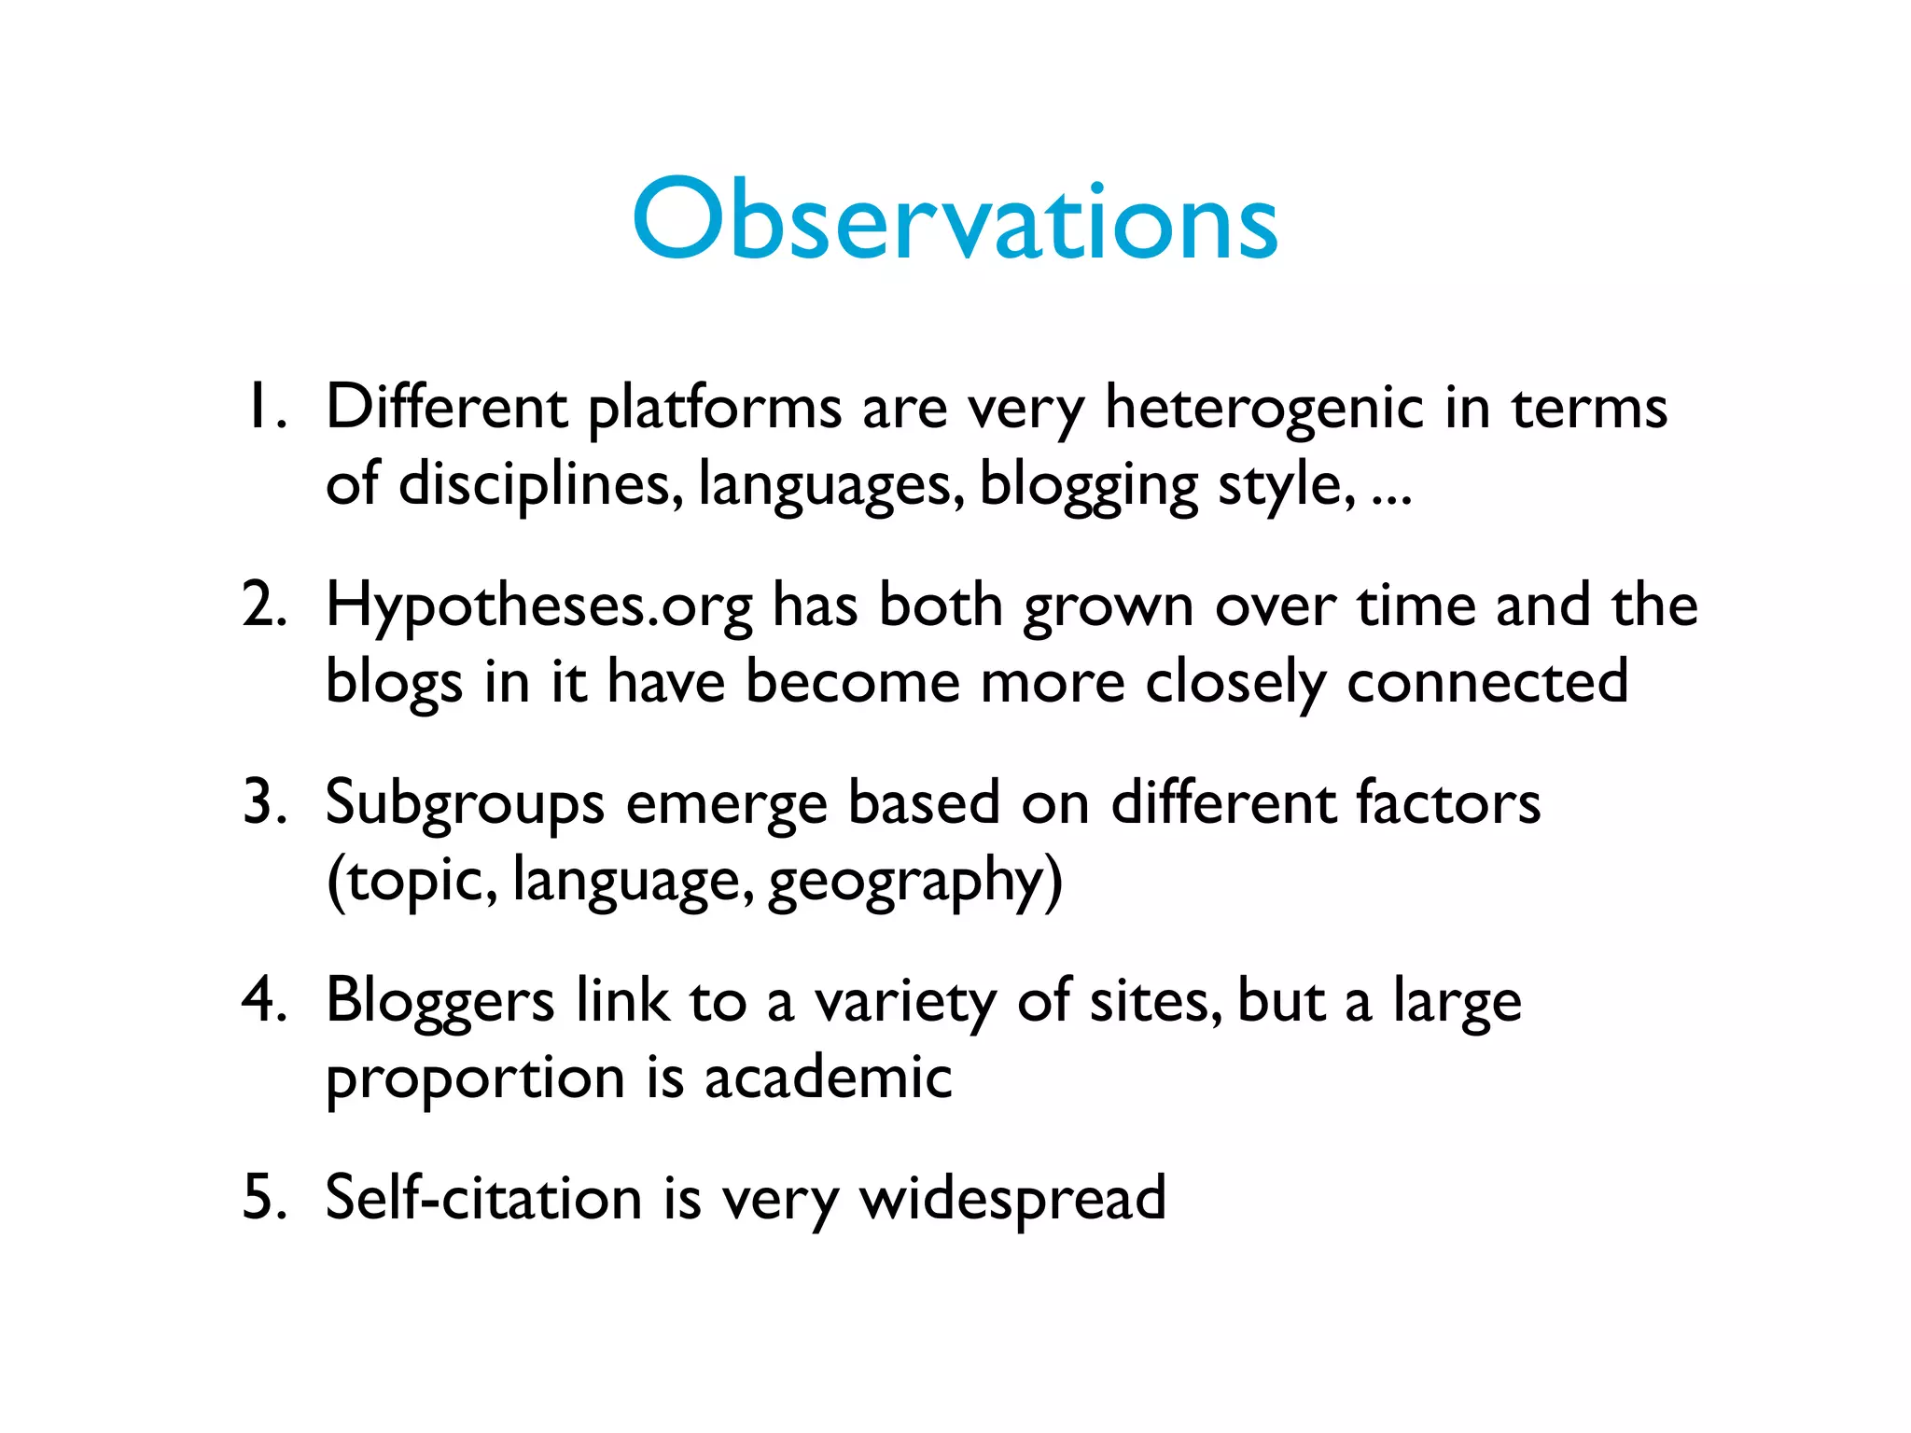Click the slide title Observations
955,220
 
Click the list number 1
263,408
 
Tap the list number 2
263,605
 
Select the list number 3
263,802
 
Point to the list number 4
263,1000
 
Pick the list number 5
263,1197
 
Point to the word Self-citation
483,1198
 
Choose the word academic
828,1078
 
